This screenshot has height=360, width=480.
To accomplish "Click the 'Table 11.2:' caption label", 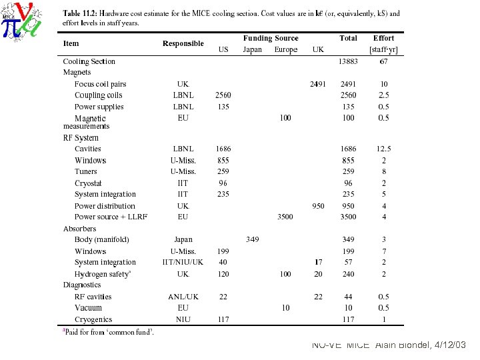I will [x=79, y=13].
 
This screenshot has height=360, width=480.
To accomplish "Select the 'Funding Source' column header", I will [x=271, y=38].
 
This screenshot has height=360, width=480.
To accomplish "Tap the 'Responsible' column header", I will [x=183, y=43].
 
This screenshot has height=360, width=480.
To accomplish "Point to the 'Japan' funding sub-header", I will [x=252, y=49].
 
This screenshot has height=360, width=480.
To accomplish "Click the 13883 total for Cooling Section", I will [x=348, y=61].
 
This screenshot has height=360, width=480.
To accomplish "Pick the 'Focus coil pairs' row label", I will [x=100, y=84].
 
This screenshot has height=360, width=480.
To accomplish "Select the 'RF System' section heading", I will [x=81, y=138].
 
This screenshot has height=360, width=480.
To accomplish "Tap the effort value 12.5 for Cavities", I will [x=383, y=149].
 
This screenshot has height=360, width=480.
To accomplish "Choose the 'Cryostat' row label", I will [x=88, y=183].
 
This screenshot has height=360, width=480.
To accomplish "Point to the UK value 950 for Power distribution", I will [x=318, y=206].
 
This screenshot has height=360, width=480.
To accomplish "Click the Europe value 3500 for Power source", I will [x=285, y=217].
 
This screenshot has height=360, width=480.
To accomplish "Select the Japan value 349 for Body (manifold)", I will [x=252, y=239].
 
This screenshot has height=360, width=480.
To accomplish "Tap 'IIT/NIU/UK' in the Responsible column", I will [x=183, y=262].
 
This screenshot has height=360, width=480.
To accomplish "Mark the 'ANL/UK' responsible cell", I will [x=183, y=297].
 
